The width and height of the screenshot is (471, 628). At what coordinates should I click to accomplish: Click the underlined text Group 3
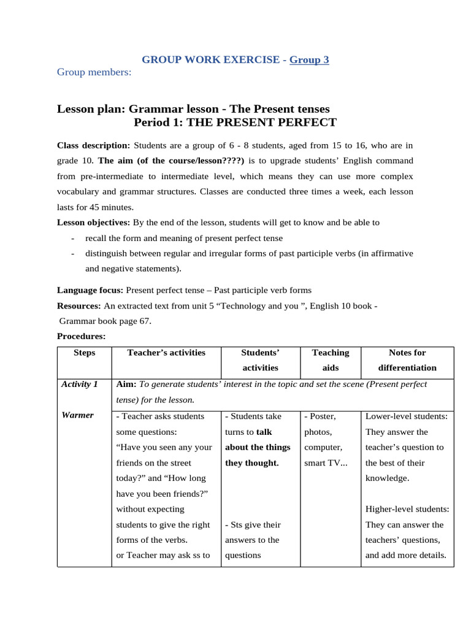(x=309, y=59)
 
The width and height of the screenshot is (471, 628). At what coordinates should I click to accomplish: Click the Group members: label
(x=94, y=72)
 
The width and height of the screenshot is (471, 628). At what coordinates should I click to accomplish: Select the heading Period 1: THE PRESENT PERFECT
(x=235, y=122)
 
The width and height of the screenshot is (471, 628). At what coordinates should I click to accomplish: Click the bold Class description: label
(x=93, y=145)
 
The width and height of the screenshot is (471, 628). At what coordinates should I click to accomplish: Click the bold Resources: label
(x=79, y=305)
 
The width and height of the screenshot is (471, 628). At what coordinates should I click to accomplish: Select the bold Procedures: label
(x=82, y=335)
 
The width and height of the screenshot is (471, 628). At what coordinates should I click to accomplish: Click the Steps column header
(x=84, y=353)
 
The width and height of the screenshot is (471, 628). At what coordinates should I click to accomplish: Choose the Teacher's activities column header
(x=166, y=353)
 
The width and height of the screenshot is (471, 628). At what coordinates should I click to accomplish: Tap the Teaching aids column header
(x=331, y=360)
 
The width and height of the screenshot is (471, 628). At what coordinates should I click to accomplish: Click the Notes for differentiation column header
(x=407, y=360)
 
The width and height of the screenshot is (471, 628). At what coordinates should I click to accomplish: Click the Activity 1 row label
(x=80, y=384)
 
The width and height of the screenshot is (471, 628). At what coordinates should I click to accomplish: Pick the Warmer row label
(x=77, y=415)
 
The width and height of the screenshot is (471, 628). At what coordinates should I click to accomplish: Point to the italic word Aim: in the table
(x=126, y=384)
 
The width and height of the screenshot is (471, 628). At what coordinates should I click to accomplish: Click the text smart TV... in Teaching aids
(x=326, y=462)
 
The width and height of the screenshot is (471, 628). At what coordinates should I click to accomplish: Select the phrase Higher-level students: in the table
(x=407, y=509)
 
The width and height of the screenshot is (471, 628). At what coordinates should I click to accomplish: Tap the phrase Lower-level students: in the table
(x=406, y=416)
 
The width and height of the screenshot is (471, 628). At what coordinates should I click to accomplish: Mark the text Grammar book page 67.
(x=105, y=320)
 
